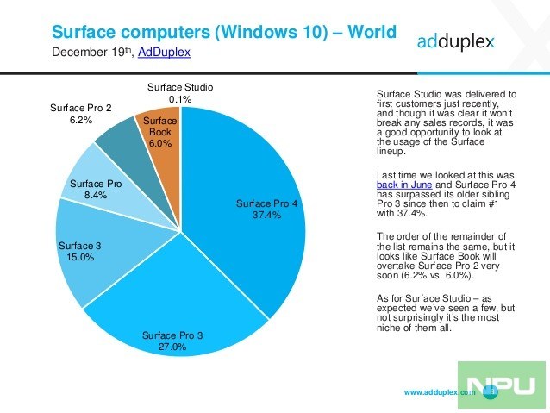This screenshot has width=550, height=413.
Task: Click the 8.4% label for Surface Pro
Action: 96,197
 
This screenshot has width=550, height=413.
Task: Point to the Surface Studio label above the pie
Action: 180,88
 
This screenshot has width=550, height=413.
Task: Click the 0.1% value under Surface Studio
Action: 180,100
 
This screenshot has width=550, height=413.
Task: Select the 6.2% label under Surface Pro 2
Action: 79,122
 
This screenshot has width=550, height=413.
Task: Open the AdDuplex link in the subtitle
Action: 164,53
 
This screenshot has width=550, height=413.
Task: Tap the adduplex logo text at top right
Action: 458,40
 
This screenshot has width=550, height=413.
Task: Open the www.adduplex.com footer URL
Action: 439,392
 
